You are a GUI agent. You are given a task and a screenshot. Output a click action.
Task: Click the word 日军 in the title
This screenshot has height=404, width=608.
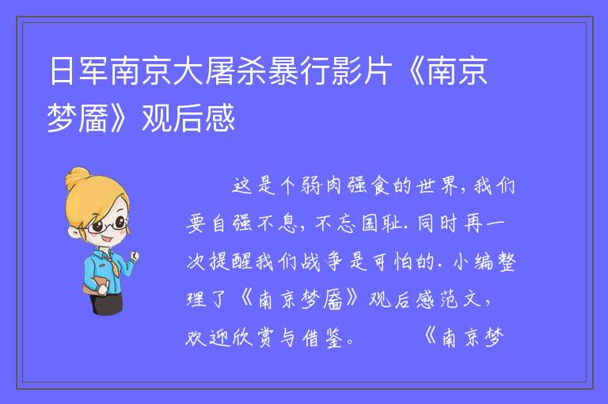tap(78, 71)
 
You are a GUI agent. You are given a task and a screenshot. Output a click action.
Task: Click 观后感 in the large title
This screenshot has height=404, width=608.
tap(188, 118)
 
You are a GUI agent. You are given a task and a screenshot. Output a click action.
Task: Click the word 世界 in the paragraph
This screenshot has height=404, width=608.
tap(437, 185)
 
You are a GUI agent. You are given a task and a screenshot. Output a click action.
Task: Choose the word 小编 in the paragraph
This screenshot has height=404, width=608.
tap(473, 261)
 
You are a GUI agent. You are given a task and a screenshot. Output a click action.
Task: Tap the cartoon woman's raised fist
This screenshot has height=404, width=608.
tap(134, 256)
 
